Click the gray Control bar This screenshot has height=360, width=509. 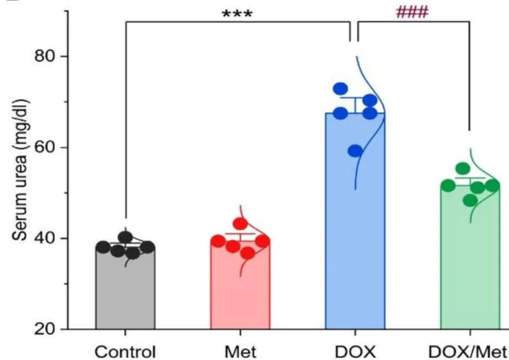tap(125, 292)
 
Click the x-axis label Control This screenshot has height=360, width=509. tap(125, 349)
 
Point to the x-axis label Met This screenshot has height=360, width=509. tap(240, 349)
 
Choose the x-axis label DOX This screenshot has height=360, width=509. tap(355, 349)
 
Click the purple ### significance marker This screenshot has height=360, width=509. tap(412, 13)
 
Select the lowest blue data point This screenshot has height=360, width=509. tap(356, 150)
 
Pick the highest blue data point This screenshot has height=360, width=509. tap(341, 89)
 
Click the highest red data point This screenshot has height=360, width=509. tap(240, 224)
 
